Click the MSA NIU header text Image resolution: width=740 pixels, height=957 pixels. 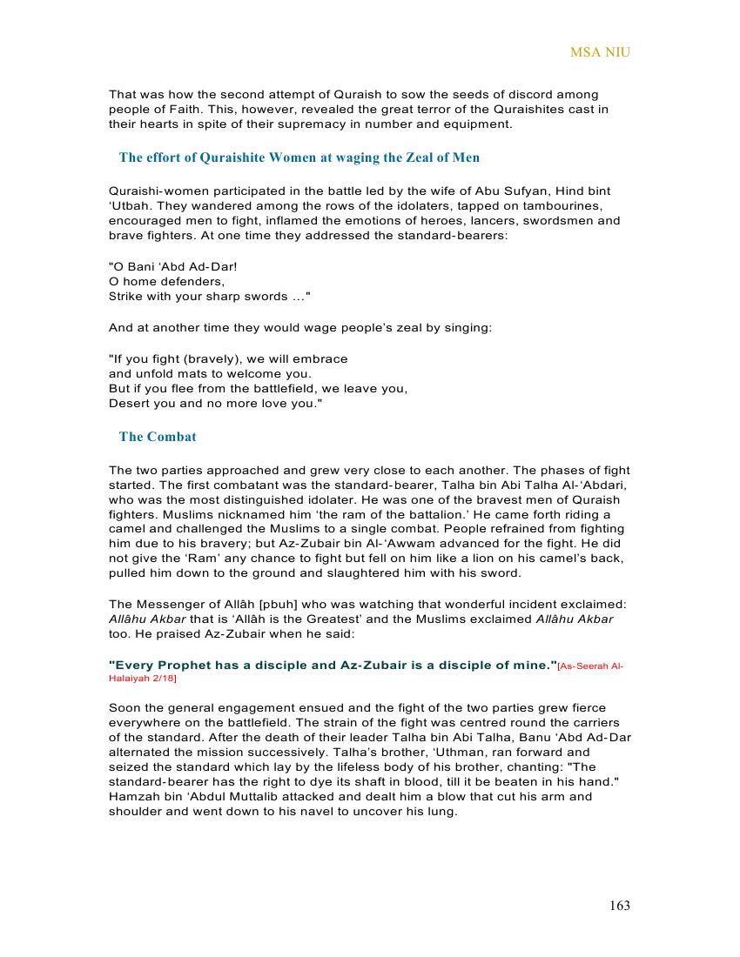click(x=600, y=52)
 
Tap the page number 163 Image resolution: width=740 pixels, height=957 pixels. click(x=619, y=906)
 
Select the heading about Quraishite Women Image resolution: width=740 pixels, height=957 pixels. click(x=299, y=157)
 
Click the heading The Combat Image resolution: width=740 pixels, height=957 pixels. click(x=158, y=437)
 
